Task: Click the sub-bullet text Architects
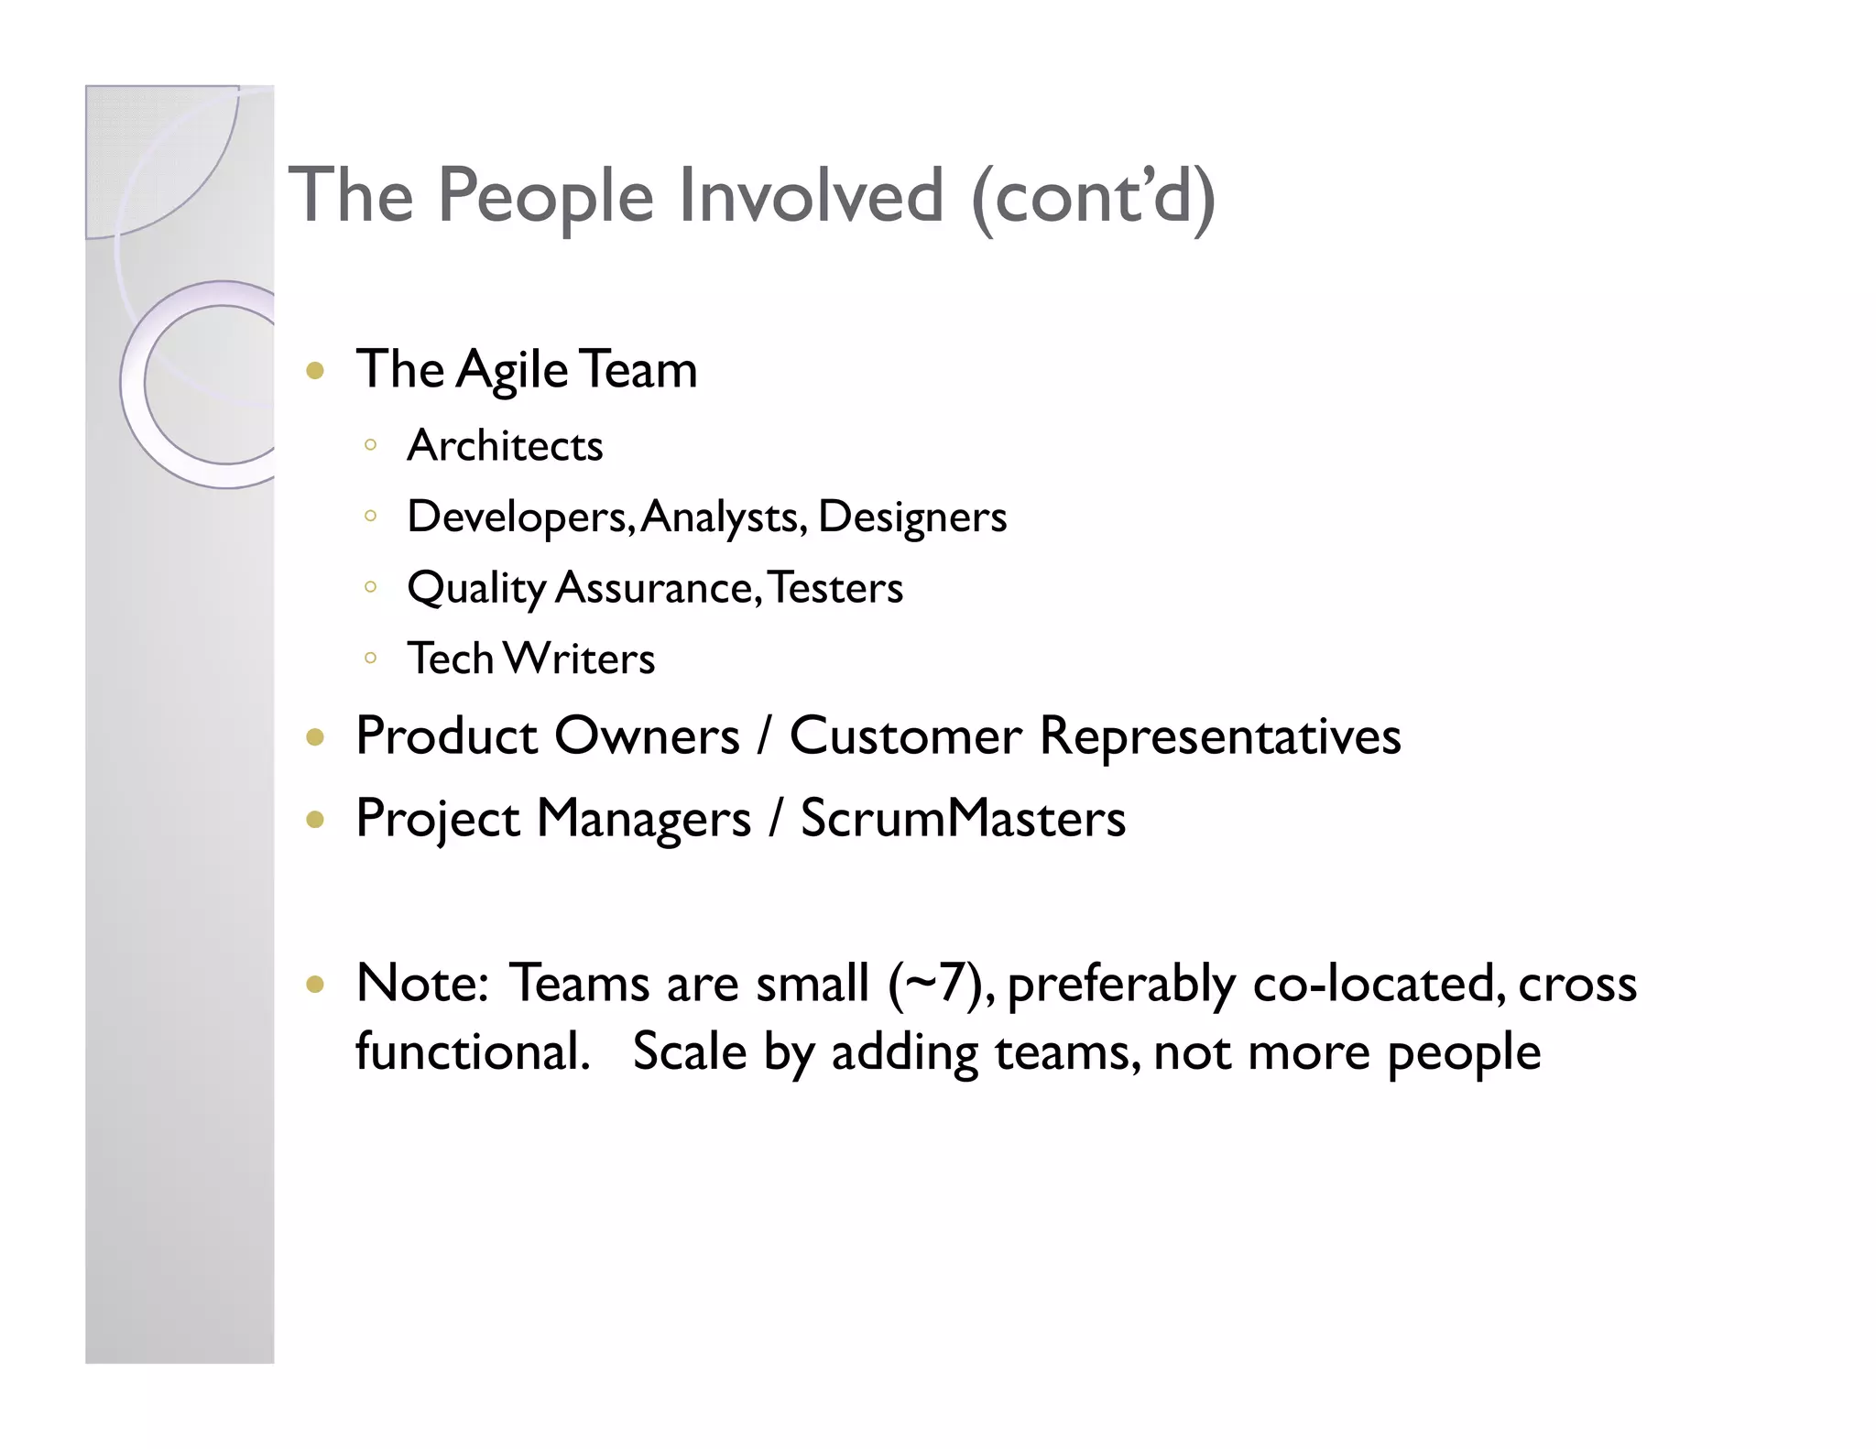505,446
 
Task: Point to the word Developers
518,517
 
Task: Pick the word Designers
912,517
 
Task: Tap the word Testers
835,588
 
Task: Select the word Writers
580,659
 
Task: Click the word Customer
905,735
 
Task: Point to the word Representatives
1220,735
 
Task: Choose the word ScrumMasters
963,818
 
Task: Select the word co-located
1379,984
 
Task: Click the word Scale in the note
689,1051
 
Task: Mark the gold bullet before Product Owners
316,737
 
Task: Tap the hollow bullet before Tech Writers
370,658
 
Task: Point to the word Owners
647,735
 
